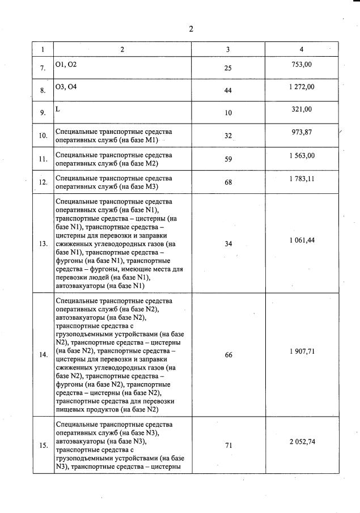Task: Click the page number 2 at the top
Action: (x=191, y=29)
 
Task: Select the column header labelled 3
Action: (x=228, y=49)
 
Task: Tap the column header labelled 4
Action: (x=302, y=49)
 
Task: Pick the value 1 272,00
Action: (x=302, y=87)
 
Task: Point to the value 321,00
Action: (x=302, y=109)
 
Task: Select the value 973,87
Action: (x=302, y=132)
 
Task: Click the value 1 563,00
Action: (x=302, y=155)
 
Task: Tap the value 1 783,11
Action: (x=302, y=178)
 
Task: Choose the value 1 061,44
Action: (x=302, y=240)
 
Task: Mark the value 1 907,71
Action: (x=302, y=351)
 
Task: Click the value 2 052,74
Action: (x=302, y=442)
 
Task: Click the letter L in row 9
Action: (x=57, y=109)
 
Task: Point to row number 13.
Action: (x=43, y=244)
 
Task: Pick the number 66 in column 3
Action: (x=228, y=355)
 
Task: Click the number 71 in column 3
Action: (x=228, y=445)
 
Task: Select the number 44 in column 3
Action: (x=228, y=90)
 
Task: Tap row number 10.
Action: (x=43, y=135)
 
